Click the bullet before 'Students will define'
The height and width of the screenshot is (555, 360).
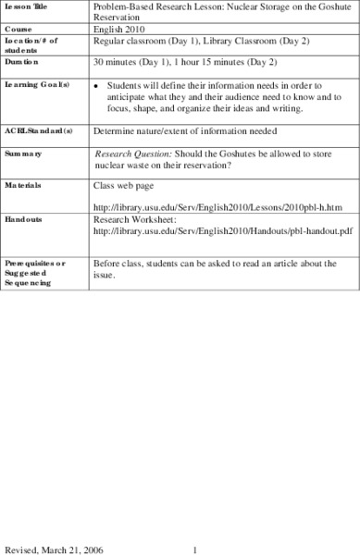[98, 84]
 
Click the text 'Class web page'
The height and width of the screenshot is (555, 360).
[124, 185]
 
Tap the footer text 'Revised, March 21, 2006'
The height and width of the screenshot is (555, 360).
[52, 548]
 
